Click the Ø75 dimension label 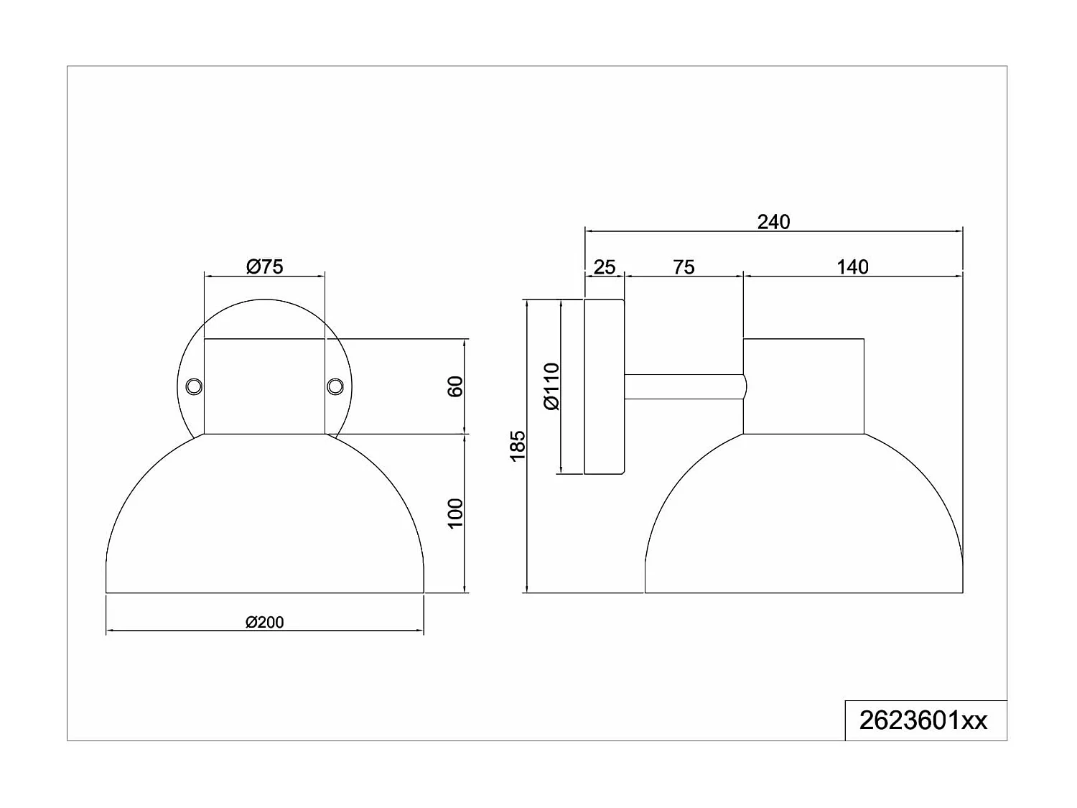(x=264, y=266)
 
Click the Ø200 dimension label (x=264, y=622)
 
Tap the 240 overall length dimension (x=773, y=222)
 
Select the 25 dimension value (x=605, y=267)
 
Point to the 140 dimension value (x=852, y=267)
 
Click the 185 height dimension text (x=518, y=445)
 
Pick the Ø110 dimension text (x=551, y=386)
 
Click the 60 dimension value (x=455, y=386)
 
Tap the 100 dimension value (x=455, y=513)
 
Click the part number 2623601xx (x=923, y=720)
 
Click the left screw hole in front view (x=193, y=386)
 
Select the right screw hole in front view (x=334, y=386)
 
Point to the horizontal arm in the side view (x=682, y=386)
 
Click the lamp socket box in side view (x=803, y=386)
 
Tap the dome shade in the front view (x=264, y=524)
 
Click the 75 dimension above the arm (x=684, y=267)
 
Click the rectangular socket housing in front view (x=264, y=386)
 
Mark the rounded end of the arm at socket (x=745, y=386)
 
